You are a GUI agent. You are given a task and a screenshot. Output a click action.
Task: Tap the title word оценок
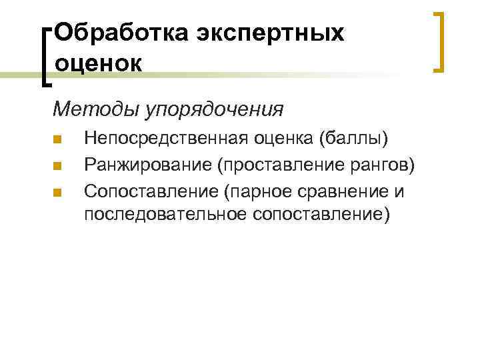pos(98,63)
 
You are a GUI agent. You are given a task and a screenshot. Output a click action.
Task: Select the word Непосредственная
pos(165,139)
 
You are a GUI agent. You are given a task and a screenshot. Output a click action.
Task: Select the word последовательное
pos(165,215)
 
